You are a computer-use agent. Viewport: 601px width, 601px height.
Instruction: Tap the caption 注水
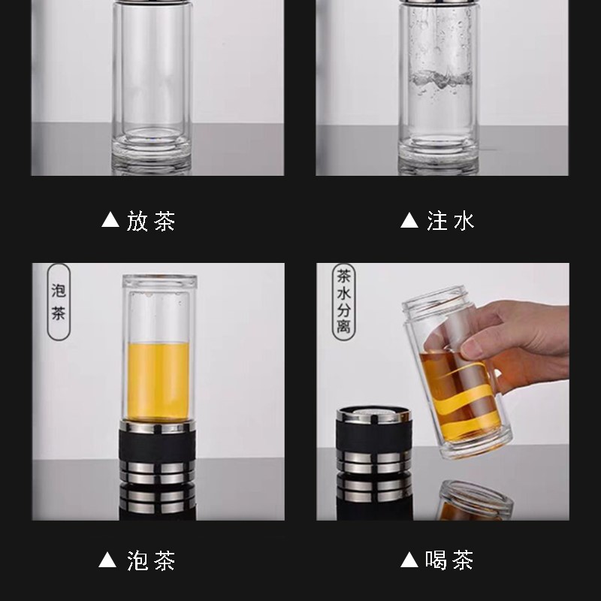(x=451, y=221)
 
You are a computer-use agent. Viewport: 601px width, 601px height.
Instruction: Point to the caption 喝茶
(x=451, y=560)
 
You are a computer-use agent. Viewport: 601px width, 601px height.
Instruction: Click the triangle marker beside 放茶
(x=110, y=221)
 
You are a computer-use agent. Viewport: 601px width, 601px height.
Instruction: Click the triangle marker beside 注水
(x=409, y=221)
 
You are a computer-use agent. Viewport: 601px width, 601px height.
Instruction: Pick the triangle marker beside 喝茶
(x=409, y=560)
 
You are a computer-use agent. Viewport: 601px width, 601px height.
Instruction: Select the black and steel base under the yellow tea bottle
(x=158, y=470)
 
